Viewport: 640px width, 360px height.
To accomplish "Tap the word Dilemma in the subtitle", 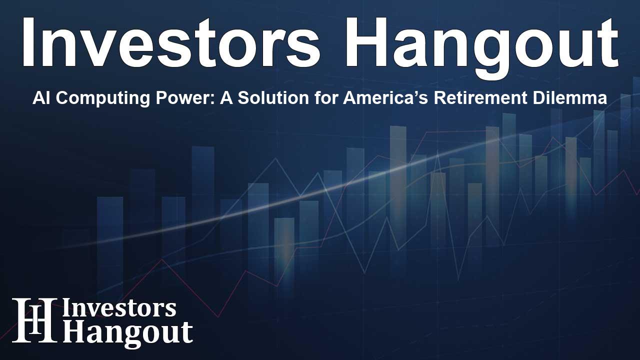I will point(575,99).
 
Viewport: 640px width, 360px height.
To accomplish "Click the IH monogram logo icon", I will point(34,320).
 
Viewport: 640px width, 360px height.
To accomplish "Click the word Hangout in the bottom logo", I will point(127,332).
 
